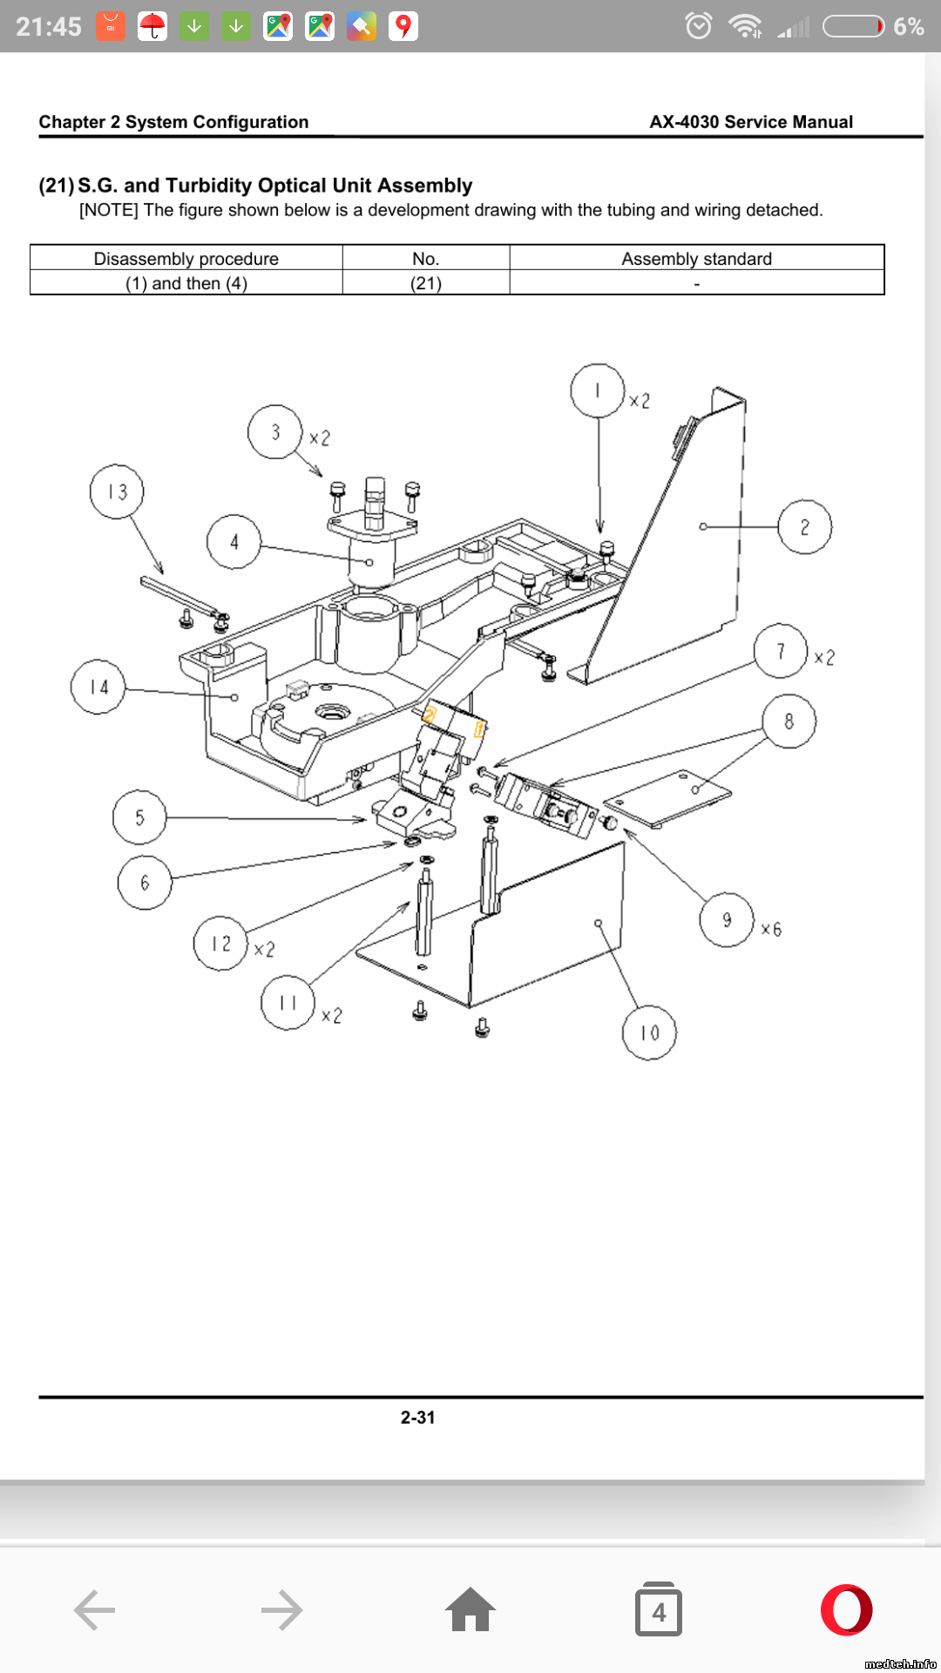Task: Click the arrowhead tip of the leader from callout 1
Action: pos(599,532)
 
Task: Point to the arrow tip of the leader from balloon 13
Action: pos(163,574)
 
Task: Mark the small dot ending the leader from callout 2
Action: pos(703,526)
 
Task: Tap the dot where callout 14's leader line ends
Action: pos(234,697)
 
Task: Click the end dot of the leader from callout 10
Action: pos(599,924)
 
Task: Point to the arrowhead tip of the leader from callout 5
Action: pos(366,820)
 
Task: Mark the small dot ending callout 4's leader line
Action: pos(369,562)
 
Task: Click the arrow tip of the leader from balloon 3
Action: pos(322,477)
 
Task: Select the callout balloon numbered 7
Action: pos(781,651)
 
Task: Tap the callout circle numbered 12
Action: pos(220,943)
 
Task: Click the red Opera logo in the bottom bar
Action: pos(847,1609)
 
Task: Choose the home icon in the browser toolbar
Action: pos(470,1609)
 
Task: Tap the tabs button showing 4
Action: pos(659,1609)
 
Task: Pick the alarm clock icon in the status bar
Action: pos(699,26)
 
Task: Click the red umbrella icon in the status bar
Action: pos(152,26)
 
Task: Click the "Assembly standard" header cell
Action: pos(697,258)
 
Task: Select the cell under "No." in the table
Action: pos(426,283)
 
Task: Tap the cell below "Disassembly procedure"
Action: pos(186,283)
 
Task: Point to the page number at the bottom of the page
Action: pos(418,1418)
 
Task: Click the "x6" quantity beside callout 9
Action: pos(771,929)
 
